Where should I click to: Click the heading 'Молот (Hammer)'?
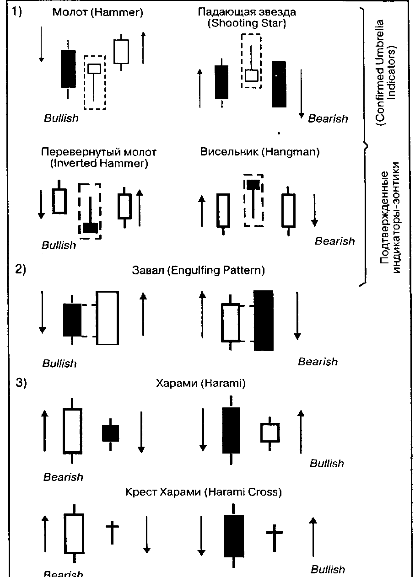pos(97,12)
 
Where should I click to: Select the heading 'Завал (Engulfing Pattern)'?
pos(198,270)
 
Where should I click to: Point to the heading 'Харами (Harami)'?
pos(201,383)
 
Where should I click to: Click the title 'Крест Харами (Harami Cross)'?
pos(203,492)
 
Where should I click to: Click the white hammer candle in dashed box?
pos(94,69)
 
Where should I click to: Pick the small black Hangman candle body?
pos(253,185)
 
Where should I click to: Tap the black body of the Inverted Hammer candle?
pos(90,228)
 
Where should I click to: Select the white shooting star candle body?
pos(251,75)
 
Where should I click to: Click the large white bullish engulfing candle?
pos(108,318)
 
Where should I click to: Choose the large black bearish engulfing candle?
pos(263,320)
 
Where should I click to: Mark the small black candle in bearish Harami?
pos(110,433)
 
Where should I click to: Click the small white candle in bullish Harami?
pos(270,432)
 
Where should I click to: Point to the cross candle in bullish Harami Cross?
pos(274,533)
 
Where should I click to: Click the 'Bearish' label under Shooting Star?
pos(328,119)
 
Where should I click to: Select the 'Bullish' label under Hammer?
pos(61,118)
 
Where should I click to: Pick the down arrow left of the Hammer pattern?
pos(41,44)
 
